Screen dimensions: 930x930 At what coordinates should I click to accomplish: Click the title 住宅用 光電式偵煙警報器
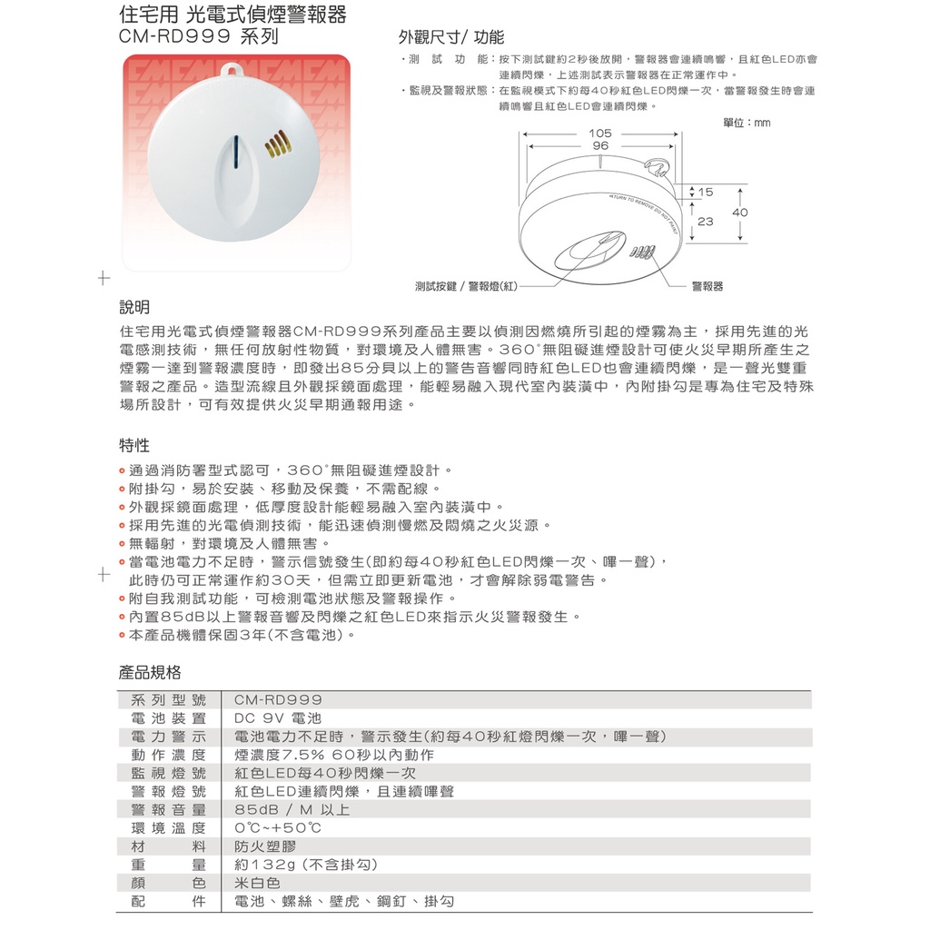pos(232,15)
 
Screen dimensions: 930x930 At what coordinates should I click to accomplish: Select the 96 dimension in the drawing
pos(600,146)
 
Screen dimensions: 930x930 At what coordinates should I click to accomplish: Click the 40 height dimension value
pos(740,212)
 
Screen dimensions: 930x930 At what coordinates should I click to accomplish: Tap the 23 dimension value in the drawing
pos(706,221)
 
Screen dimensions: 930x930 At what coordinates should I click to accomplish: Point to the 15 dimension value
pos(706,193)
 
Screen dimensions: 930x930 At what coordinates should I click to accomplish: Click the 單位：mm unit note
pos(747,123)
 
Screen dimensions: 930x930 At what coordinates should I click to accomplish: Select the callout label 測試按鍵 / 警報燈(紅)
pos(466,286)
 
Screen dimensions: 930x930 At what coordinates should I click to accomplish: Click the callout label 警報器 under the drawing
pos(707,286)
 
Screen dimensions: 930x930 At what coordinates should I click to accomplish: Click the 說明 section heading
pos(135,307)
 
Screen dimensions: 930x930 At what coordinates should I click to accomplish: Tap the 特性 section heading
pos(135,445)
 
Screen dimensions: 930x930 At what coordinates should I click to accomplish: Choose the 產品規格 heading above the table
pos(150,673)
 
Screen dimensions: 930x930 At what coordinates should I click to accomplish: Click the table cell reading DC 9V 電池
pos(272,718)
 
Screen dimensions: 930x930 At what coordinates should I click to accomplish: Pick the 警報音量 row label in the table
pos(169,809)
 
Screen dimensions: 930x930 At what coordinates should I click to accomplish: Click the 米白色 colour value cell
pos(257,883)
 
